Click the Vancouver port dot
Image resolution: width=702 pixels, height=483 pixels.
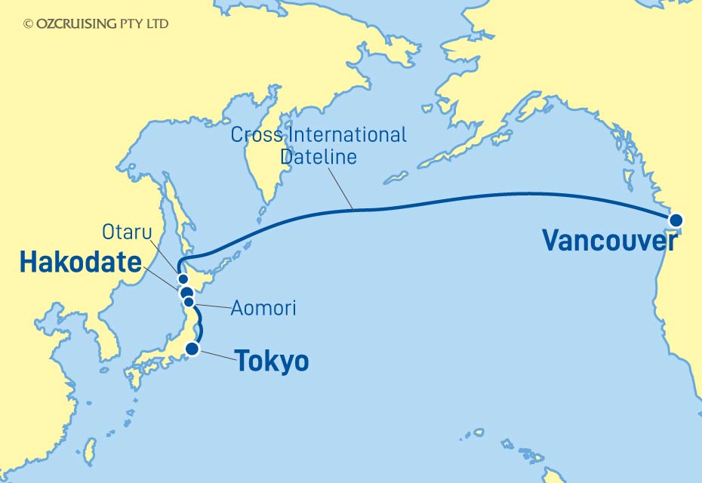click(676, 220)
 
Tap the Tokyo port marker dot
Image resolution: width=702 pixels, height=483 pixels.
click(193, 349)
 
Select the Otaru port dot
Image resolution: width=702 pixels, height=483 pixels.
click(183, 279)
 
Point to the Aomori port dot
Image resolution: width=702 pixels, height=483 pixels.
click(189, 302)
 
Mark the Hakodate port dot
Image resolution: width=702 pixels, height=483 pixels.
click(185, 292)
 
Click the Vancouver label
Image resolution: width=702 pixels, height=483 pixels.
click(609, 241)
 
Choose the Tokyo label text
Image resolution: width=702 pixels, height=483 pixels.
click(272, 361)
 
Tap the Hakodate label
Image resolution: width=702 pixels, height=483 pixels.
click(81, 263)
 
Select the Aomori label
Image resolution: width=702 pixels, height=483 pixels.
click(264, 308)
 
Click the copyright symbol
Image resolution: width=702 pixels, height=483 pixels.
click(29, 24)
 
